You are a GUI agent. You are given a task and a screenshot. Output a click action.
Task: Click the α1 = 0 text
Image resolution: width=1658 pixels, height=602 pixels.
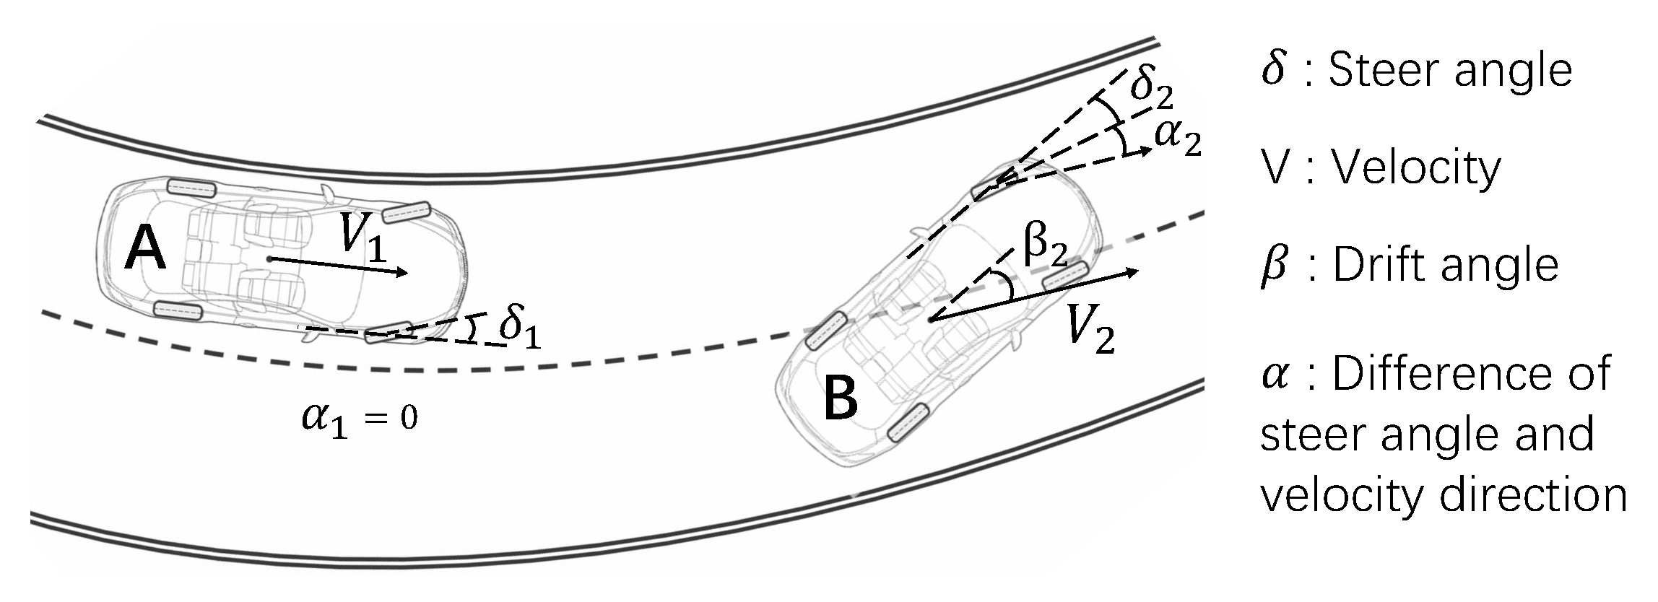359,419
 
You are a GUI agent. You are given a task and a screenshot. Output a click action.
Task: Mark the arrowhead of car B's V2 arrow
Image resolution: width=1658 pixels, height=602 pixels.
1133,272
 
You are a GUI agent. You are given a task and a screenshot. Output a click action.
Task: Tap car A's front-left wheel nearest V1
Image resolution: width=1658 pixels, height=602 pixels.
406,211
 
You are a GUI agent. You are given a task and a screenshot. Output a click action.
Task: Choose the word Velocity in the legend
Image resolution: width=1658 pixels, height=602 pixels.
1415,168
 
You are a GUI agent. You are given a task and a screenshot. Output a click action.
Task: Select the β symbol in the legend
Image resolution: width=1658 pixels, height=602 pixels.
1275,266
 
